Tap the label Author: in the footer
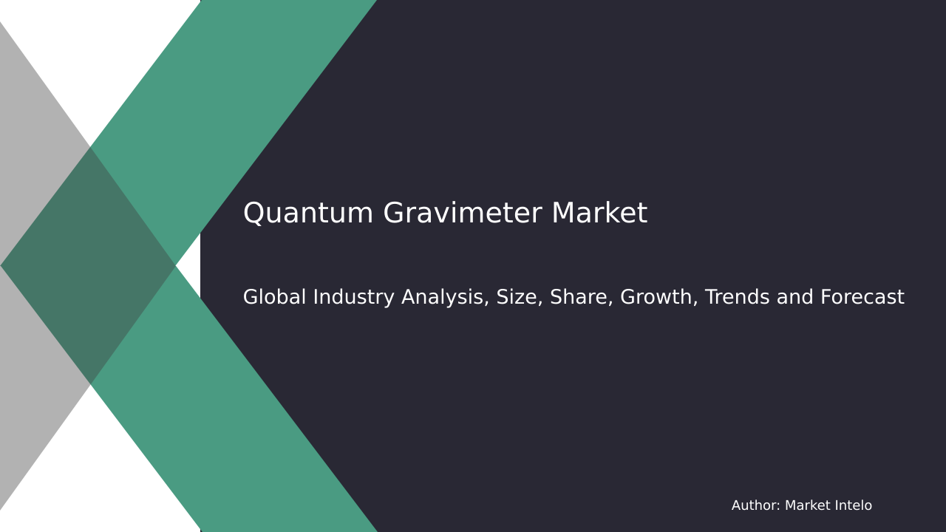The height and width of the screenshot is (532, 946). tap(755, 506)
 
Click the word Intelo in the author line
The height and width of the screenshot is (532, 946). tap(854, 506)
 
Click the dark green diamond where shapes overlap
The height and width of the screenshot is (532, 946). tap(89, 266)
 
